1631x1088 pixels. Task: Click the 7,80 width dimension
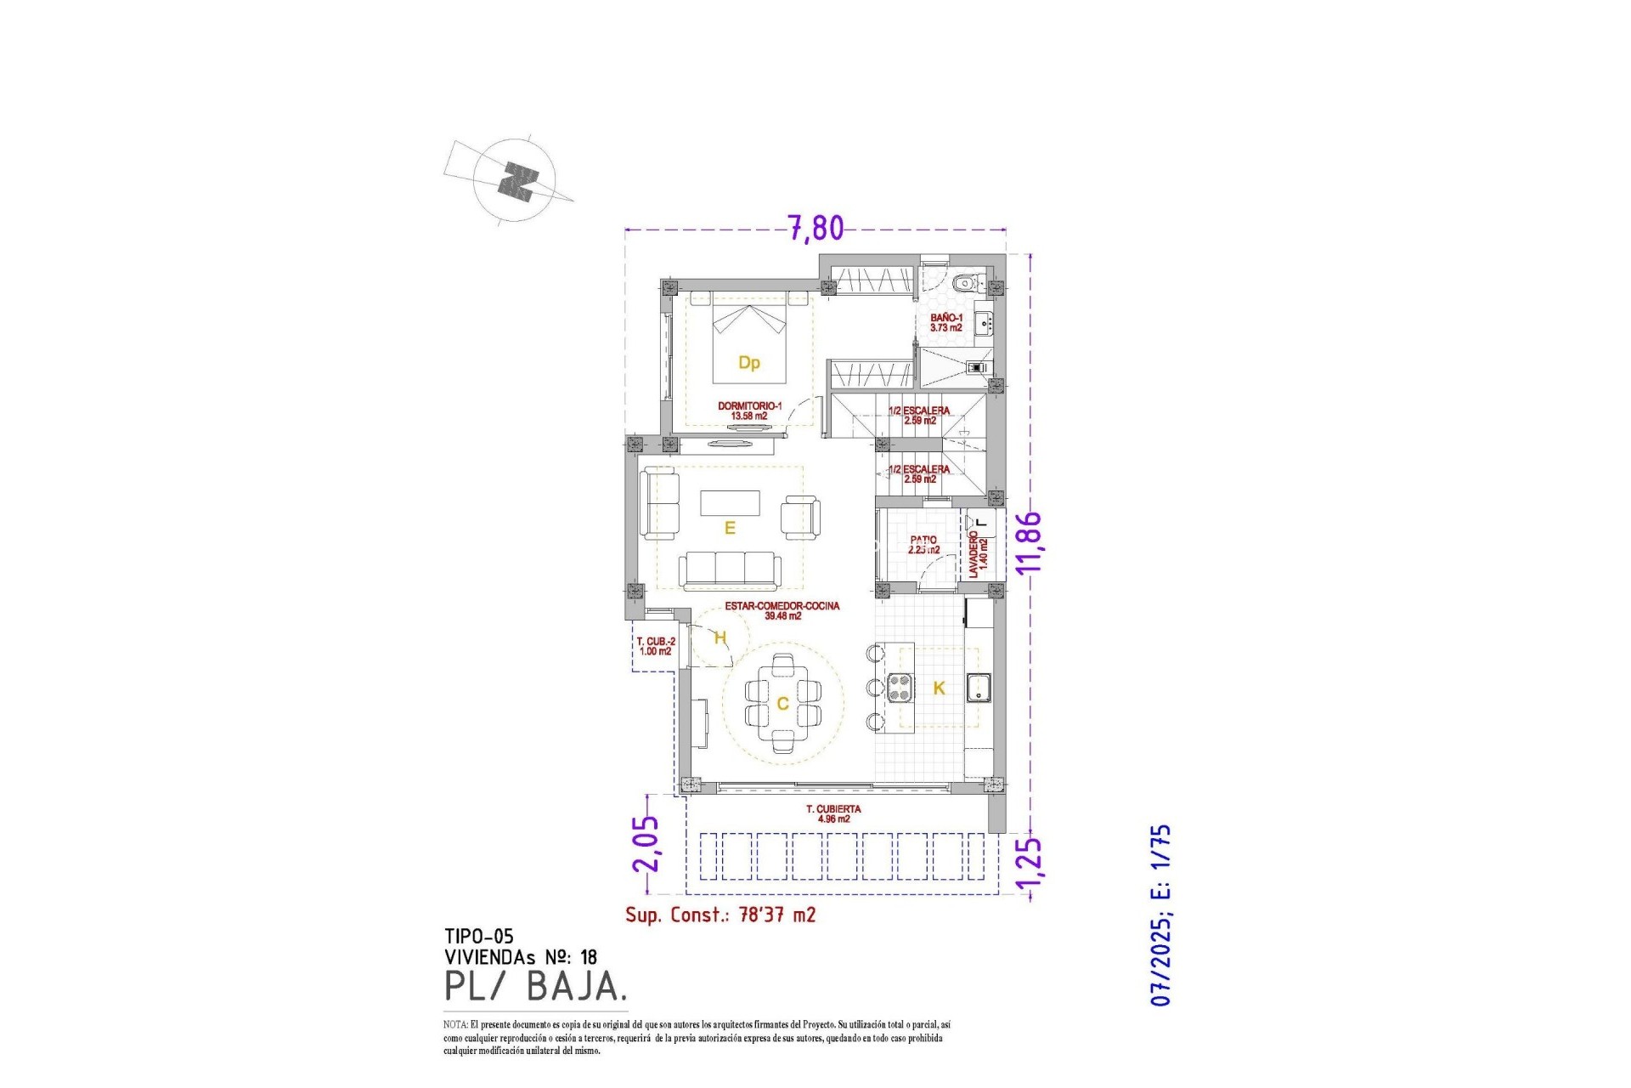(815, 228)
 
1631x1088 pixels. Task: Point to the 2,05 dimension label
(646, 843)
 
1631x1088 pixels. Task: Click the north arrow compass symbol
(516, 181)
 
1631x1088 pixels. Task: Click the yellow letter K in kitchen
(939, 688)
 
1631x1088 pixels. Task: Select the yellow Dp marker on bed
(748, 363)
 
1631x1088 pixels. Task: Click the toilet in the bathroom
(964, 283)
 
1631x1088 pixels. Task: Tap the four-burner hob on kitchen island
(900, 687)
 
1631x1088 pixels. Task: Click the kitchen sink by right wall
(979, 687)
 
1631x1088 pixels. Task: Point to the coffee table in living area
(730, 503)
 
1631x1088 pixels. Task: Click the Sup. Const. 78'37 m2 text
(720, 915)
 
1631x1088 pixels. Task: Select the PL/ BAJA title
(536, 986)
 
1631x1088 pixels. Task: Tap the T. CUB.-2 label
(656, 646)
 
